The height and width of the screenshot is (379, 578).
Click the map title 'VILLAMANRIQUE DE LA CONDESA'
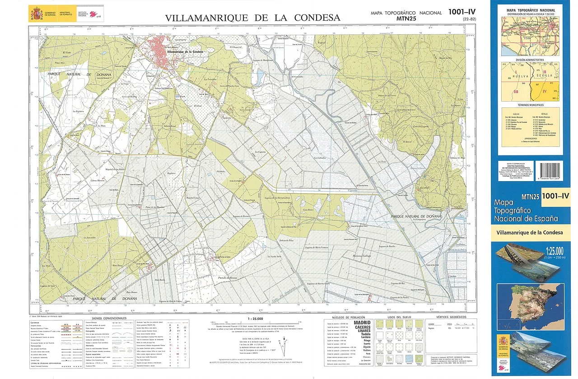pyautogui.click(x=252, y=18)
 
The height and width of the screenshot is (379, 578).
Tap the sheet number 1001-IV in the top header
pyautogui.click(x=462, y=12)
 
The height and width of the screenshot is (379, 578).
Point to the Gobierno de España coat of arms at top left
pyautogui.click(x=35, y=14)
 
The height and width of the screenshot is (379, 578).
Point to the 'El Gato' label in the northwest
pyautogui.click(x=68, y=52)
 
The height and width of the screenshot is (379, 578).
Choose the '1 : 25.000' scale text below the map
pyautogui.click(x=256, y=318)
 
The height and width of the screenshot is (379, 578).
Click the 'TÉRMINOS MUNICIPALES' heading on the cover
pyautogui.click(x=530, y=104)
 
